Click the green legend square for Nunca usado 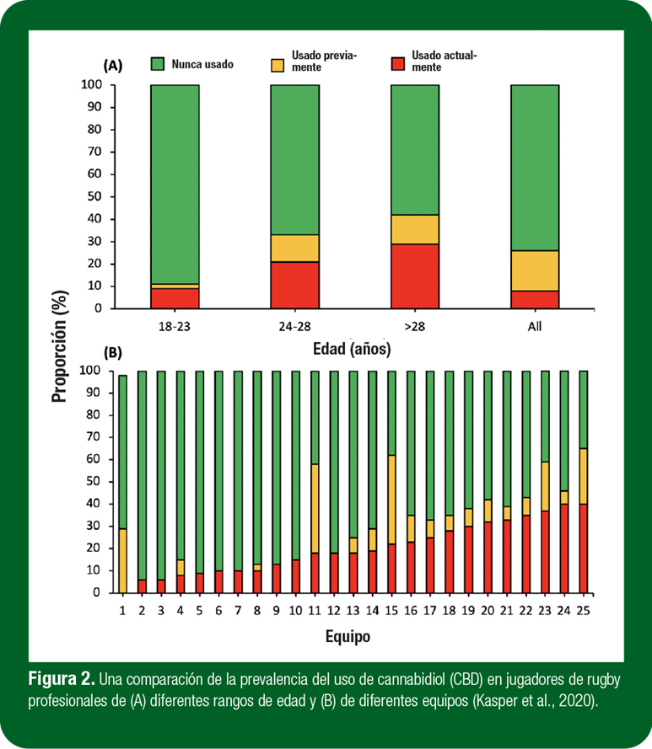[x=158, y=64]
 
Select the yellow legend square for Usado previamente [x=278, y=64]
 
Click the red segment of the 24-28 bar [x=294, y=285]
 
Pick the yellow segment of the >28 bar [x=414, y=229]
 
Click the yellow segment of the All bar [x=535, y=270]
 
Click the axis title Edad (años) [x=353, y=346]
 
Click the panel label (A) [x=113, y=65]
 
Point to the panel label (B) [x=113, y=352]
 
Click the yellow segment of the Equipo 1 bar [x=123, y=561]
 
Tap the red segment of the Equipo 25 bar [x=584, y=548]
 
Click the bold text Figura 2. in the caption [x=62, y=679]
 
